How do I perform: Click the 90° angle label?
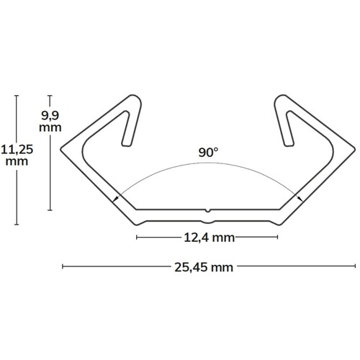208,153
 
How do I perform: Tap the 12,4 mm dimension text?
209,238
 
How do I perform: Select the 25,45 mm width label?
204,267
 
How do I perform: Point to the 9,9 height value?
50,116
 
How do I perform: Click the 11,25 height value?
17,150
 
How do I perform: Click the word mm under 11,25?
17,161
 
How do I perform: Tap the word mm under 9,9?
50,127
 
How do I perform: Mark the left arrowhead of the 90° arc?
116,199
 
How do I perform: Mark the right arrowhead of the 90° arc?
300,198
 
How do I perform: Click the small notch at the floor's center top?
208,211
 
